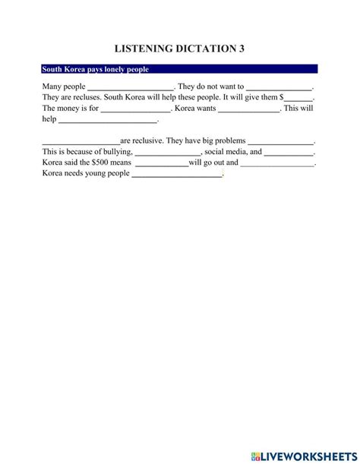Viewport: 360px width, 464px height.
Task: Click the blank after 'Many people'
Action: point(131,87)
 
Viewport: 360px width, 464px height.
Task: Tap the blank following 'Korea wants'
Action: point(249,109)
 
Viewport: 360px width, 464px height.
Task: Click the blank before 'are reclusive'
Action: point(81,141)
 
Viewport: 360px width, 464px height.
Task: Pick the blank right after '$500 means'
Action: point(161,163)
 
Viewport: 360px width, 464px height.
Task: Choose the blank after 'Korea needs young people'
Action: point(177,174)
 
